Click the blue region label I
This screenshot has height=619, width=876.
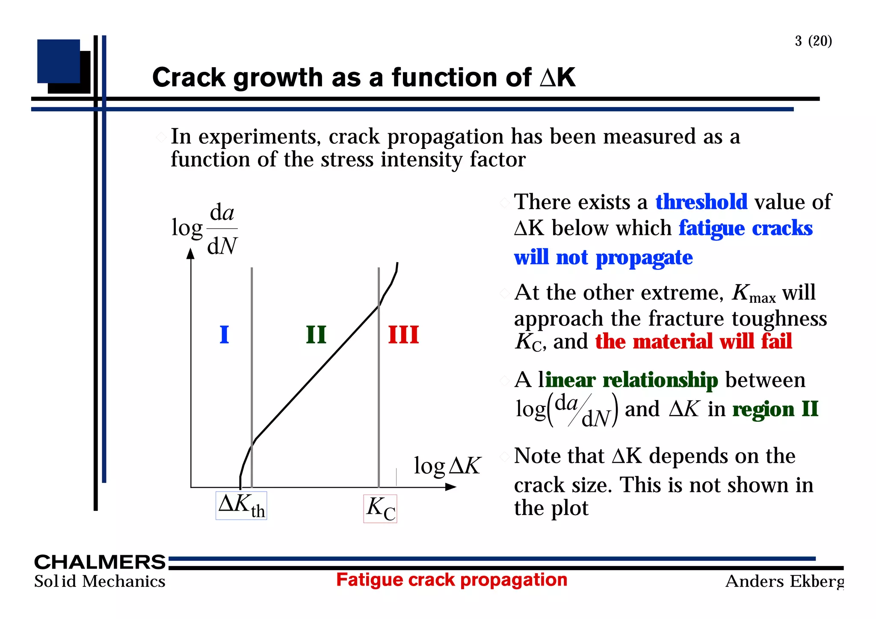(x=224, y=335)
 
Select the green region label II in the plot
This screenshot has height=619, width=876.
(x=316, y=335)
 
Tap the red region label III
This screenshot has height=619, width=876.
(x=403, y=335)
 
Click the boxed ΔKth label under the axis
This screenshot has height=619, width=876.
(x=241, y=506)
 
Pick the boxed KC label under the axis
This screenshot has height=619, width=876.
(x=380, y=509)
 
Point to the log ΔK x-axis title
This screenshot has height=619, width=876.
(x=447, y=465)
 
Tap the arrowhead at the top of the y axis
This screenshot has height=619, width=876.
(x=191, y=254)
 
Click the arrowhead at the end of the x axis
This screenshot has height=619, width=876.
(x=451, y=487)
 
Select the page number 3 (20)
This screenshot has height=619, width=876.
(x=813, y=41)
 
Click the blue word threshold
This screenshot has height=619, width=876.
(x=701, y=202)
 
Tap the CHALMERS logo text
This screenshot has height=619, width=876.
(x=100, y=562)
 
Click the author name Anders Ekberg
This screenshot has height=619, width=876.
(x=784, y=581)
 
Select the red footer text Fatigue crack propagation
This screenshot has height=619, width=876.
(x=452, y=580)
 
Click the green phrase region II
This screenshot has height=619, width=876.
(x=775, y=409)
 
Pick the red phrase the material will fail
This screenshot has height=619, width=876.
(x=693, y=341)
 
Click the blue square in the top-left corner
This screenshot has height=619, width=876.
(x=59, y=61)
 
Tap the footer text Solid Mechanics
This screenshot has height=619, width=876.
(x=100, y=581)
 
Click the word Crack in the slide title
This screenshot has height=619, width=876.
(x=189, y=77)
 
